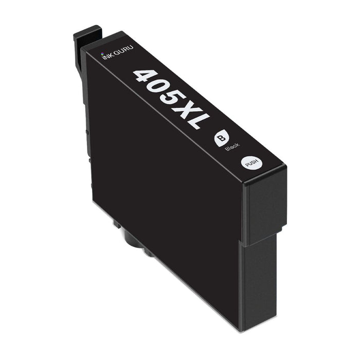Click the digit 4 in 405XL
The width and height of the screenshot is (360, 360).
pos(146,77)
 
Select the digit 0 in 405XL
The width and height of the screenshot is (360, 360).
pos(160,88)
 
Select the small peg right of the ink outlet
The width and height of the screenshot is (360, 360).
pos(149,252)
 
